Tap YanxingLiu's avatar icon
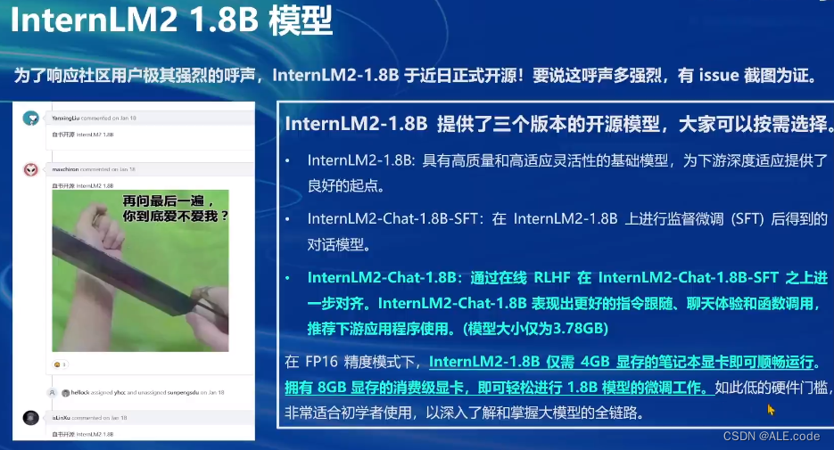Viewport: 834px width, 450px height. [31, 119]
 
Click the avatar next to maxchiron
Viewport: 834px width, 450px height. [31, 169]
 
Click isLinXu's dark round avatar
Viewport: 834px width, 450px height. [31, 418]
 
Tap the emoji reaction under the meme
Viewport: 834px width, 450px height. [60, 364]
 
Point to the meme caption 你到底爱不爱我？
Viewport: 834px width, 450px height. [176, 216]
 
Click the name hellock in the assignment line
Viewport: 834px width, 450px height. [80, 393]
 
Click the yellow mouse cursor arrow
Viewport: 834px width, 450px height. [771, 409]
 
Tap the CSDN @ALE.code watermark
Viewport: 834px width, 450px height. [772, 436]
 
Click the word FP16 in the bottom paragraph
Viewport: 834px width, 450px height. [326, 363]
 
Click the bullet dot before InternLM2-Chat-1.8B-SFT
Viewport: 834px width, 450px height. [287, 219]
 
